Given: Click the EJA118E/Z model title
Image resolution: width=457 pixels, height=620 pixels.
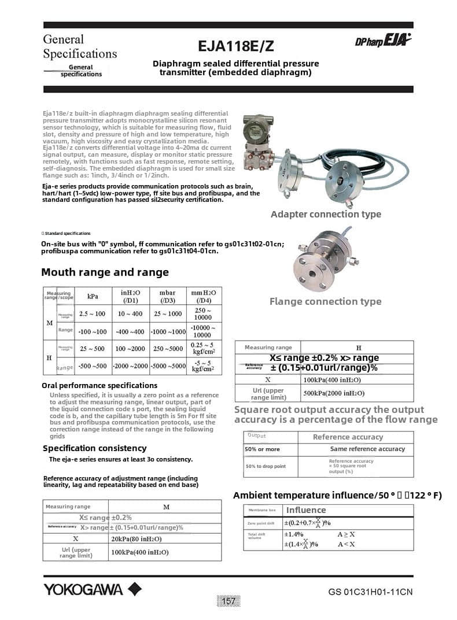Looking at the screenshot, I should tap(235, 45).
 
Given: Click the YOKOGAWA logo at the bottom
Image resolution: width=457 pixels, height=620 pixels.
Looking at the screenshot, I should tap(92, 589).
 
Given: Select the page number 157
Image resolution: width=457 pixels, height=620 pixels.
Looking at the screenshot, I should tap(229, 601).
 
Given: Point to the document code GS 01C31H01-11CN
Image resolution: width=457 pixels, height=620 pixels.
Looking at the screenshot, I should tap(370, 592).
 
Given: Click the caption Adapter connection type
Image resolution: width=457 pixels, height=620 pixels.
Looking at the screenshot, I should tap(326, 214).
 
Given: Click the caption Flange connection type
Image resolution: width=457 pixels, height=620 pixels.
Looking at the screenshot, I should tap(325, 301).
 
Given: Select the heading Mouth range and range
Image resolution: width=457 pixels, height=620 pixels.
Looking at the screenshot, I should tap(105, 272).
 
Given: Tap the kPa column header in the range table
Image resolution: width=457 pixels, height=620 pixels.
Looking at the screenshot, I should tap(93, 296).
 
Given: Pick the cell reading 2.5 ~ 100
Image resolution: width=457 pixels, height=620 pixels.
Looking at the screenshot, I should tap(93, 313).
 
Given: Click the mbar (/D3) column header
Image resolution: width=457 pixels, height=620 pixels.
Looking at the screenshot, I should tap(167, 296).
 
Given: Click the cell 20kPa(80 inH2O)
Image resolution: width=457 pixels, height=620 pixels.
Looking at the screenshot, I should tap(137, 538).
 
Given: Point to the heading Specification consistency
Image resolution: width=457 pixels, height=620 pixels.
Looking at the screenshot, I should tap(94, 448).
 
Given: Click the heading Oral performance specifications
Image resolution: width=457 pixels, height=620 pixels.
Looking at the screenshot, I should tap(99, 385).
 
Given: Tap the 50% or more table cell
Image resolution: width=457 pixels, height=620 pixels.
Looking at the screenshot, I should tap(262, 449).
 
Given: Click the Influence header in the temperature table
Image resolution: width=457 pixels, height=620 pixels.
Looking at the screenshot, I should tap(306, 510).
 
